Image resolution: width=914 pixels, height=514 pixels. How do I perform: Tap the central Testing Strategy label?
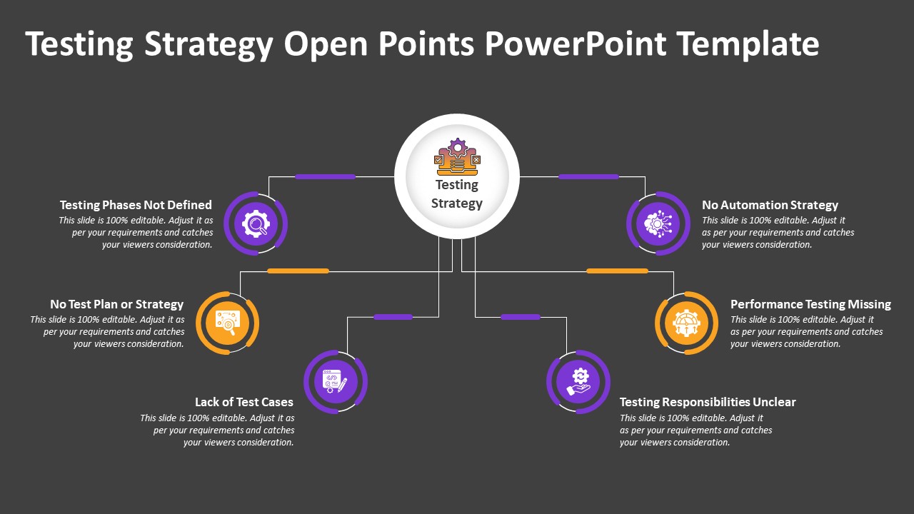pyautogui.click(x=457, y=194)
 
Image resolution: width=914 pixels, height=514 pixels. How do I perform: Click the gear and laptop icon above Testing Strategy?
pyautogui.click(x=457, y=157)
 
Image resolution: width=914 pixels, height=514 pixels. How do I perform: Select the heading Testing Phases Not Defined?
pyautogui.click(x=136, y=205)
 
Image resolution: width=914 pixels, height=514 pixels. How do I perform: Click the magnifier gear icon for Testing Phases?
pyautogui.click(x=256, y=223)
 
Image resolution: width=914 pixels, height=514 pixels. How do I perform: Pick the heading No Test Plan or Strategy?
pyautogui.click(x=116, y=304)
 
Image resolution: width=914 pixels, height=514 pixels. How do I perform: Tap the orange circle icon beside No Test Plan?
pyautogui.click(x=227, y=323)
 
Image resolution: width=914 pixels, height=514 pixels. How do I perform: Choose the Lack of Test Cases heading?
pyautogui.click(x=243, y=402)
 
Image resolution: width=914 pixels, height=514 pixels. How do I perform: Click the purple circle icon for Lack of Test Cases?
pyautogui.click(x=336, y=381)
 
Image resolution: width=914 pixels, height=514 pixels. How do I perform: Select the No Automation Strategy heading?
pyautogui.click(x=770, y=205)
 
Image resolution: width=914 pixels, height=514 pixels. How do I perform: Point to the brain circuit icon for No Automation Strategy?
pyautogui.click(x=658, y=223)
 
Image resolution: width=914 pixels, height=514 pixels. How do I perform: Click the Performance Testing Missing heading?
pyautogui.click(x=810, y=304)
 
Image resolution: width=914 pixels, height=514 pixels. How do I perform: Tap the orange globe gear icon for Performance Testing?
pyautogui.click(x=686, y=323)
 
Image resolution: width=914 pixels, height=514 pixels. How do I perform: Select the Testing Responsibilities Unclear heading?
pyautogui.click(x=707, y=402)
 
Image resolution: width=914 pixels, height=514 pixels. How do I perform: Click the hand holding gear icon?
pyautogui.click(x=578, y=381)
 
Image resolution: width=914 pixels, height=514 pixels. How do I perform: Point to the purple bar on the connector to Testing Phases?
pyautogui.click(x=325, y=176)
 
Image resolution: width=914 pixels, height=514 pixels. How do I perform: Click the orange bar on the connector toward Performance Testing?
pyautogui.click(x=617, y=271)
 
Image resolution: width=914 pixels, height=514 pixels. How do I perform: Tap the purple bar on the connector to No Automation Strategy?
pyautogui.click(x=588, y=176)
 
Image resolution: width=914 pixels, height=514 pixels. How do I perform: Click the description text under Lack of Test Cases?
pyautogui.click(x=217, y=430)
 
